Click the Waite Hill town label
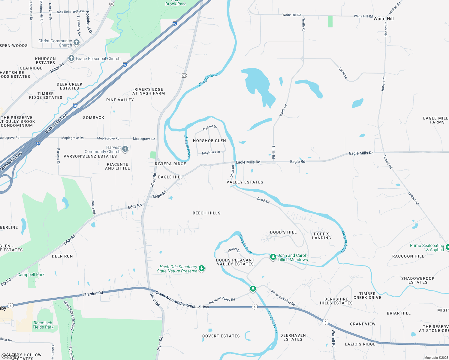click(x=383, y=19)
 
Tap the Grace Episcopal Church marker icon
click(x=71, y=58)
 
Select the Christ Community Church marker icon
click(x=77, y=43)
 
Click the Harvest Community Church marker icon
click(x=125, y=149)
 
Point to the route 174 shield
click(x=184, y=76)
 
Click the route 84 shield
click(x=112, y=4)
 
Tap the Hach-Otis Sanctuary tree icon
click(x=202, y=268)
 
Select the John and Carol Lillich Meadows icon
click(x=273, y=257)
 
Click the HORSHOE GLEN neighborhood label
click(x=209, y=141)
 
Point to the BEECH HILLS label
click(x=206, y=213)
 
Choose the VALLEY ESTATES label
click(x=245, y=182)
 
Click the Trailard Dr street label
click(x=209, y=128)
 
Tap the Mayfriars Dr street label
click(x=211, y=153)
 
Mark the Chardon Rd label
click(x=93, y=294)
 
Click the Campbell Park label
click(x=31, y=274)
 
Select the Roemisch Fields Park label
click(x=43, y=325)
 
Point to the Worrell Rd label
click(x=333, y=338)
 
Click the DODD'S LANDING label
click(x=322, y=236)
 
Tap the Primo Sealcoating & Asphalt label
click(x=427, y=247)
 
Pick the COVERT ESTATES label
click(x=221, y=336)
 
